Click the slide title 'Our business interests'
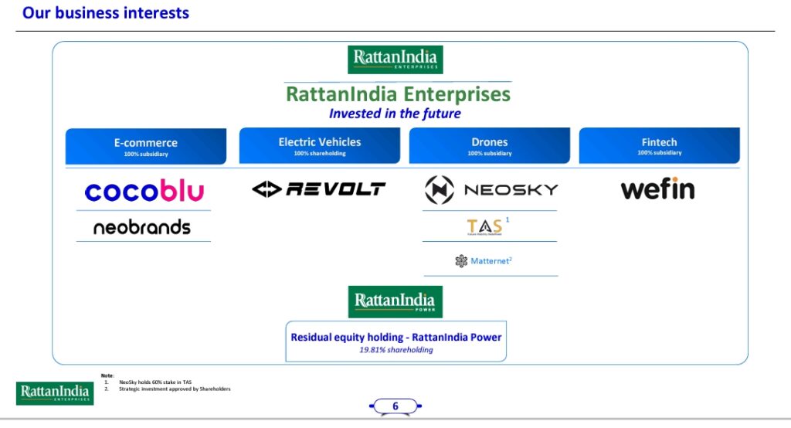[106, 13]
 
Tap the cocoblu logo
[144, 191]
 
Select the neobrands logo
[141, 227]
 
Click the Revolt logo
[318, 189]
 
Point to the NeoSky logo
[491, 189]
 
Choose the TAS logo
[486, 226]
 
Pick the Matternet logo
[484, 261]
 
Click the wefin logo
[657, 189]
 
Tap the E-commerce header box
[146, 146]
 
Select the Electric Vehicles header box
[319, 145]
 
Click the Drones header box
[490, 145]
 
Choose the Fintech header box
[659, 145]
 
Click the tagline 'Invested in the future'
[395, 114]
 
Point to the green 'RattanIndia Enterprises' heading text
[398, 94]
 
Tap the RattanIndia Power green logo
[395, 301]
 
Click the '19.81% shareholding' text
[395, 350]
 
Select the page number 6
[395, 406]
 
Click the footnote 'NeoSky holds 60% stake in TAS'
[155, 382]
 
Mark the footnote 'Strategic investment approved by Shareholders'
[175, 389]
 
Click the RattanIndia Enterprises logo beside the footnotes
[54, 392]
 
